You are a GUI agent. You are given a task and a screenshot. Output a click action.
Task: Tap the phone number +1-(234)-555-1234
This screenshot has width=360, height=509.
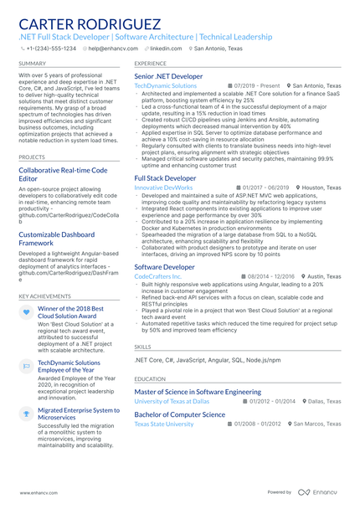coord(50,49)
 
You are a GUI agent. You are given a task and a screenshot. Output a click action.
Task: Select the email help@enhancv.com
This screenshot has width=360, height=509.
coord(112,49)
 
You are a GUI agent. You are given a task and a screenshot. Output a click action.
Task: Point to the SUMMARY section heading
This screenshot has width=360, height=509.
coord(32,64)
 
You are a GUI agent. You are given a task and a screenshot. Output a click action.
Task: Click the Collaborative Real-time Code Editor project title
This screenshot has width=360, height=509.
coord(63,174)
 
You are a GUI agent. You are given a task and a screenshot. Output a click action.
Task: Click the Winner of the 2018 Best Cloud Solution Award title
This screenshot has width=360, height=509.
coord(71,313)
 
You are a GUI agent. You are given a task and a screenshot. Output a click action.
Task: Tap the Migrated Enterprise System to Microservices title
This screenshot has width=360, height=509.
coord(79,414)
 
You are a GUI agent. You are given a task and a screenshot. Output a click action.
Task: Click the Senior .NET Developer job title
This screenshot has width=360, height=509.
coord(168,76)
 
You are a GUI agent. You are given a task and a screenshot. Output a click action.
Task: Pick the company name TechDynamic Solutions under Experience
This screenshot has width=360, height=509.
coord(166,86)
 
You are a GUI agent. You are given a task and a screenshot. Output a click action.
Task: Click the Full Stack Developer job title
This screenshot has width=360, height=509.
coord(166,178)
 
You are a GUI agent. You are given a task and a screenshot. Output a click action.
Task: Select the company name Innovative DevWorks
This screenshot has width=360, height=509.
coord(163,188)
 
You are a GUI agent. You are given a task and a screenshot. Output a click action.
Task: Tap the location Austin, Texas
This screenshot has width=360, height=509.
coord(322,275)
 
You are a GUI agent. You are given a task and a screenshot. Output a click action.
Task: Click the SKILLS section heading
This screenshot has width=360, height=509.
coord(143,346)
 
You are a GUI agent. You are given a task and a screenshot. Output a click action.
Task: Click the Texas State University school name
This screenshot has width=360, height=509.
coord(164,424)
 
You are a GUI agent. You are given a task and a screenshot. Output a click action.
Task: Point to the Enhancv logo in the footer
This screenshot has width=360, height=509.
coord(321,494)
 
